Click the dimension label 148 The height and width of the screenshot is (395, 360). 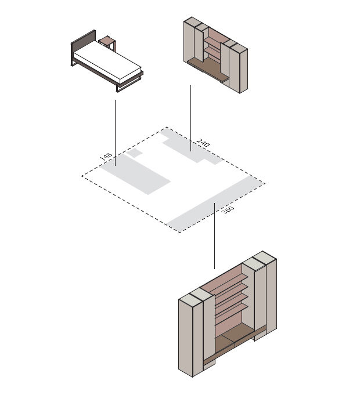click(x=106, y=156)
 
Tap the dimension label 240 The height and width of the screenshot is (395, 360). click(x=203, y=143)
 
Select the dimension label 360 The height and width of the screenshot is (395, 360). click(x=228, y=209)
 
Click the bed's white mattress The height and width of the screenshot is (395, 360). click(x=107, y=62)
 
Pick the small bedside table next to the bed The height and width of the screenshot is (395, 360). click(x=108, y=43)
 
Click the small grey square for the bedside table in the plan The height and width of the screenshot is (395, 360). click(x=134, y=153)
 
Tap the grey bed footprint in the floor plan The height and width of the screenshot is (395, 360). click(x=135, y=175)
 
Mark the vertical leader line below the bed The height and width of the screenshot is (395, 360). click(x=115, y=133)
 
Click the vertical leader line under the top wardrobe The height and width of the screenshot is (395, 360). click(x=190, y=118)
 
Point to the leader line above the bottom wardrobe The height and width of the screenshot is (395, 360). click(x=214, y=236)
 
